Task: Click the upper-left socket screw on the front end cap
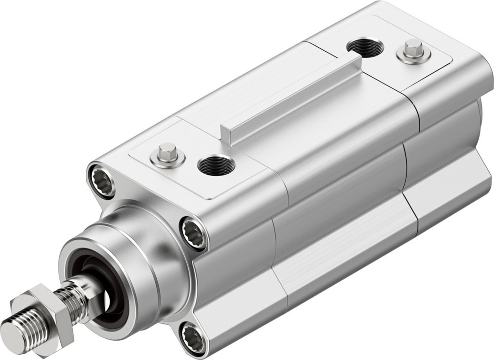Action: [102, 181]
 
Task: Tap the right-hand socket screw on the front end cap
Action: [194, 234]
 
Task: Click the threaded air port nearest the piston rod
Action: [216, 166]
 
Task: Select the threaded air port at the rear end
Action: [365, 47]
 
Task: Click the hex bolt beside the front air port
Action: [167, 154]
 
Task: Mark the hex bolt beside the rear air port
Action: [413, 51]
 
